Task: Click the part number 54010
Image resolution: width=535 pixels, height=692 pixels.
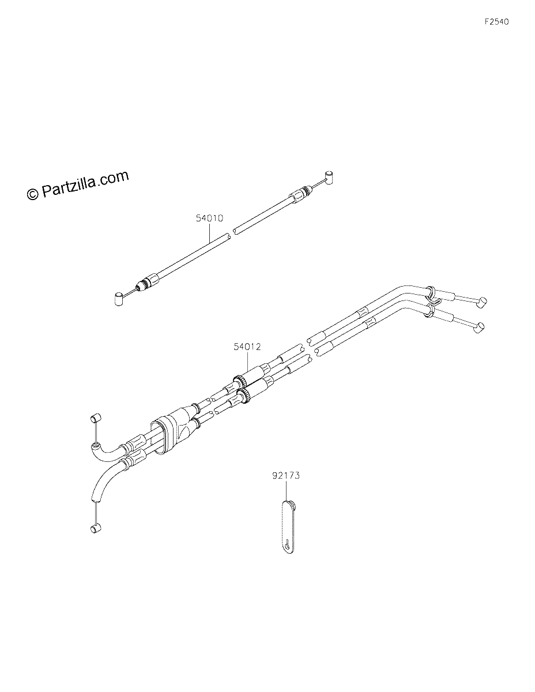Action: pos(209,218)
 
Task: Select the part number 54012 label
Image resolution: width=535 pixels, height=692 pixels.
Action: pos(247,347)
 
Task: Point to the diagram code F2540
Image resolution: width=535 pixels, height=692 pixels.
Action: pos(496,22)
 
